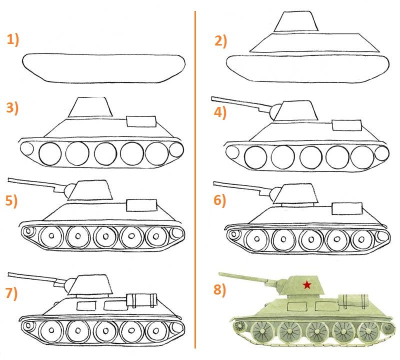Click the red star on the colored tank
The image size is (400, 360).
[307, 284]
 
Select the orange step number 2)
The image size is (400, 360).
[220, 41]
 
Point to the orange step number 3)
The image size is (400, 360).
[12, 108]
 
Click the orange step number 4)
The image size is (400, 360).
[220, 112]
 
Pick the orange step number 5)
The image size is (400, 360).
[11, 201]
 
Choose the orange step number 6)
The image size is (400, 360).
[220, 200]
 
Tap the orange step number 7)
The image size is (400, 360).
[11, 293]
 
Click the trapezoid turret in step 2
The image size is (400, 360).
[296, 21]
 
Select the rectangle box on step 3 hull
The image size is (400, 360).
[141, 121]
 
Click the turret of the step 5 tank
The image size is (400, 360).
[90, 190]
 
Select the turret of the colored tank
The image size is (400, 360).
[302, 285]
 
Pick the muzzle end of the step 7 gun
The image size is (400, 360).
[8, 274]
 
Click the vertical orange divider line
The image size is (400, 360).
[195, 179]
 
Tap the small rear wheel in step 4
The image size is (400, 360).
[382, 153]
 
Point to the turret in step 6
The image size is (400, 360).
[296, 194]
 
